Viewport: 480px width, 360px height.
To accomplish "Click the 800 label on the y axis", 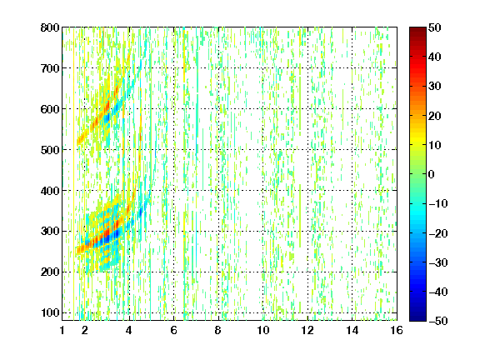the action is click(x=50, y=27).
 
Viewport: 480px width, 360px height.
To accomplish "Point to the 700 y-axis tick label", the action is click(x=50, y=68).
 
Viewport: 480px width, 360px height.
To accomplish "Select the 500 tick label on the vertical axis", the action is click(x=50, y=150).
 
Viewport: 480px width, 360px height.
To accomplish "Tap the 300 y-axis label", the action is click(x=50, y=232).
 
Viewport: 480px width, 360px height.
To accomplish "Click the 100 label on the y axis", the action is click(x=50, y=312).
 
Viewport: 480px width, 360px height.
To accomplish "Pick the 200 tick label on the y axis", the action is click(x=50, y=272).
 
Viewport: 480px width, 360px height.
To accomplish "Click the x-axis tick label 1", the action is click(x=62, y=330).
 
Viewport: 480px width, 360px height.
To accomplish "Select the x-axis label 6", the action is click(x=173, y=330).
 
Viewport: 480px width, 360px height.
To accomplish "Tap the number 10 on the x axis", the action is click(x=263, y=330).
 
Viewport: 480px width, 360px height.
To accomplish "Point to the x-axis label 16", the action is click(x=397, y=330).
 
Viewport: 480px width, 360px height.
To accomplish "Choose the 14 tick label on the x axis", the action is click(x=352, y=330).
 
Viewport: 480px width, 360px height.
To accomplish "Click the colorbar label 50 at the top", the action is click(x=434, y=27).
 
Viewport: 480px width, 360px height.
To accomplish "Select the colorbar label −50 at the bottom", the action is click(x=437, y=321).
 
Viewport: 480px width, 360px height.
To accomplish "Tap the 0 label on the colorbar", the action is click(x=432, y=174).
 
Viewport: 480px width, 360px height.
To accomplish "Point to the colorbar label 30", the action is click(x=434, y=87).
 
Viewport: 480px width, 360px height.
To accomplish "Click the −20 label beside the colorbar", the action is click(x=437, y=233).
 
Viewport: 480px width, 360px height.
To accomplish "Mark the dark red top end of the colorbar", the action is click(x=417, y=30).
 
